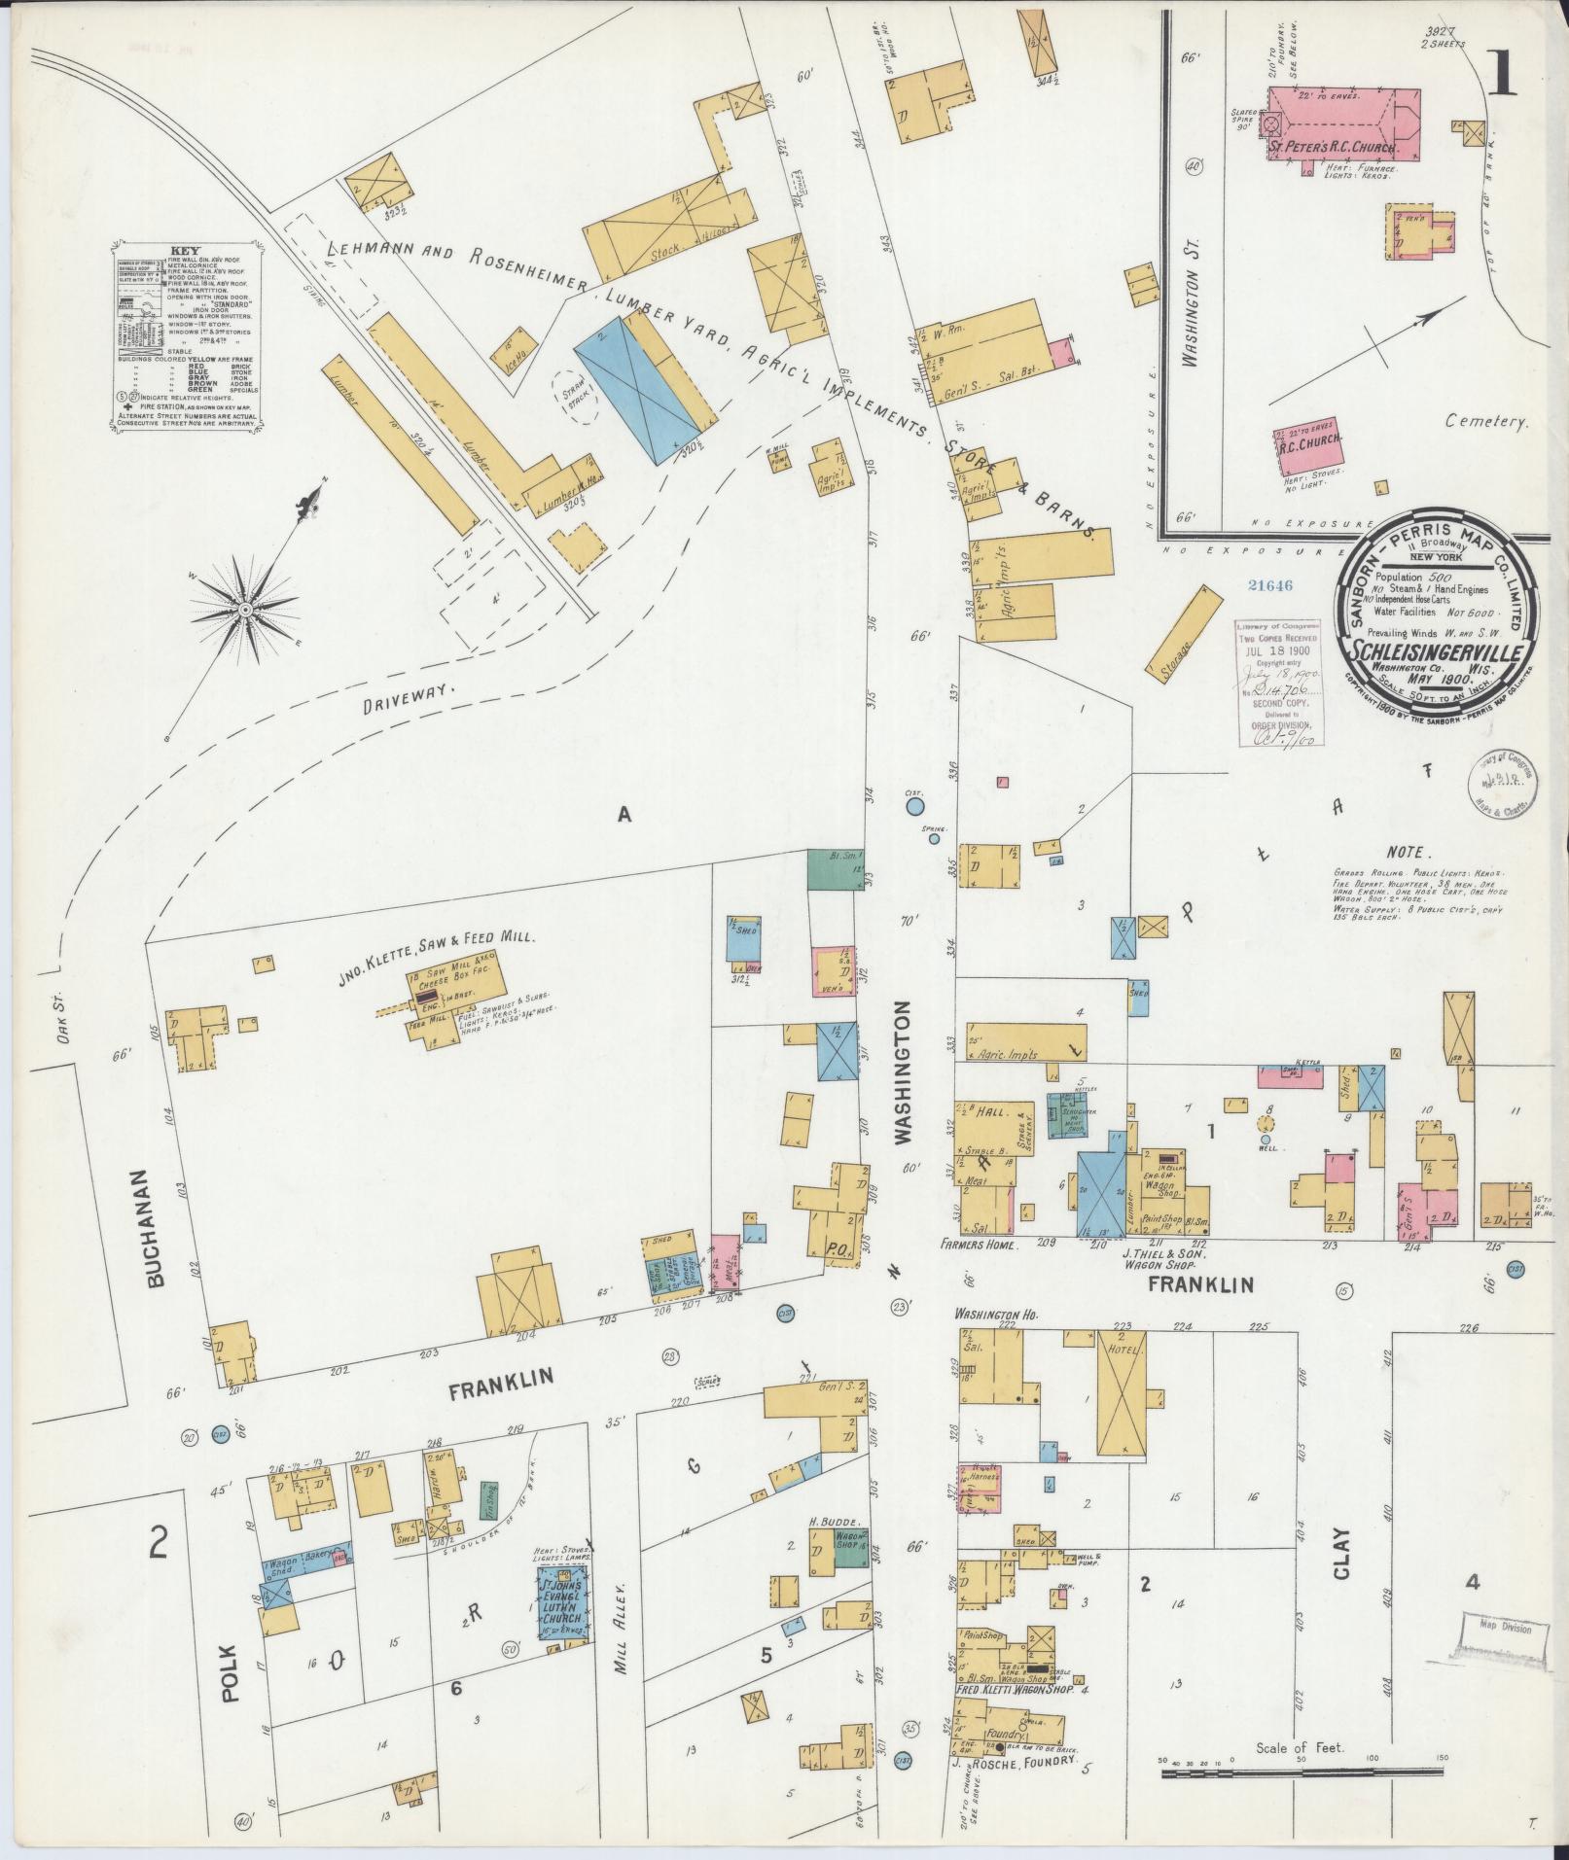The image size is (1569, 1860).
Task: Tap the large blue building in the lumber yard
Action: [x=637, y=389]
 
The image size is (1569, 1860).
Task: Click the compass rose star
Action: [x=246, y=609]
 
